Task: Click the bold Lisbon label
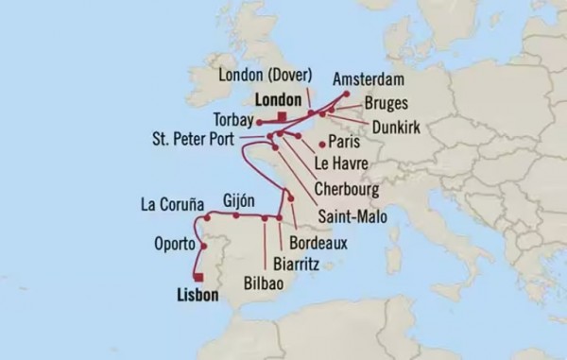pyautogui.click(x=197, y=296)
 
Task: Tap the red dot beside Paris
pyautogui.click(x=323, y=145)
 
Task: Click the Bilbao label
pyautogui.click(x=262, y=282)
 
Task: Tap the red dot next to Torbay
pyautogui.click(x=258, y=123)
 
